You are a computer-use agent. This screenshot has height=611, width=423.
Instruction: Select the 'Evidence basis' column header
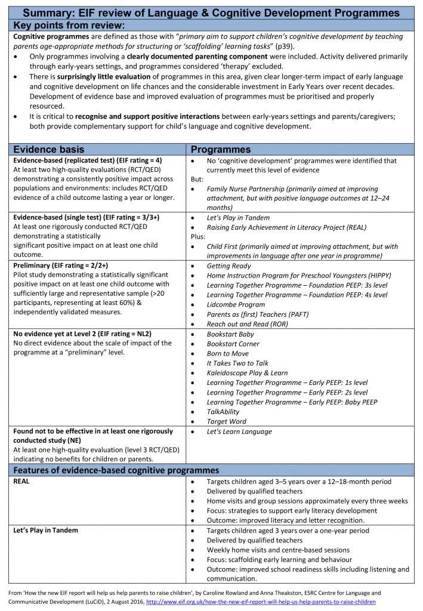(49, 149)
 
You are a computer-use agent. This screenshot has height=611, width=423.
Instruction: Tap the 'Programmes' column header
(221, 149)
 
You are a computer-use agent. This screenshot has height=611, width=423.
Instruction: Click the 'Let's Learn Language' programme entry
(239, 431)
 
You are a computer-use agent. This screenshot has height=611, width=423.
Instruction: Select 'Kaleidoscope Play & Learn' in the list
(247, 373)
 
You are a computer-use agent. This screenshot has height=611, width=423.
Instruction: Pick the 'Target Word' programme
(227, 421)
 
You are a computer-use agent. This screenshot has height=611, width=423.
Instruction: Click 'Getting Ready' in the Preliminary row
(229, 266)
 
